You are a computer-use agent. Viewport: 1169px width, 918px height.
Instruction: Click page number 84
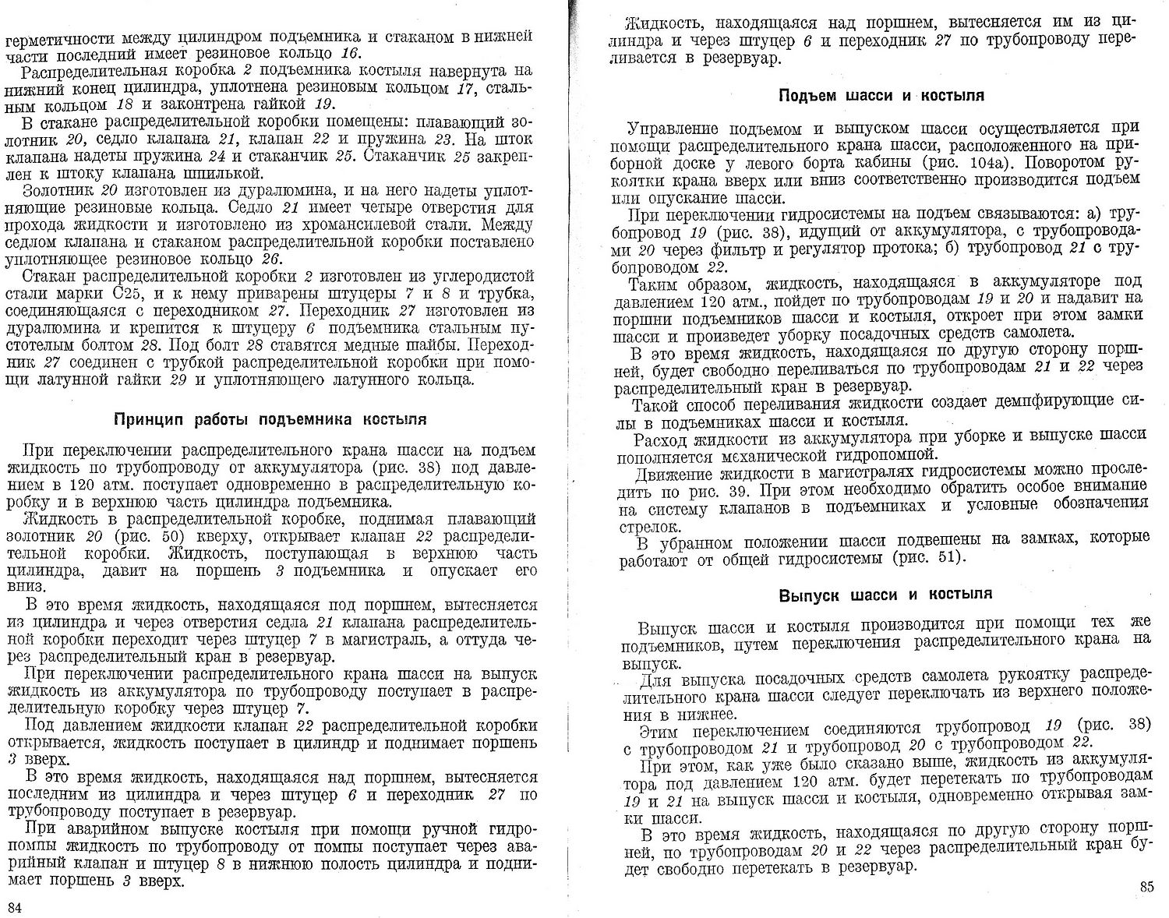pos(15,906)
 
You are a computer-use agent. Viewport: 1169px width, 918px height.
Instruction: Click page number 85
pos(1145,886)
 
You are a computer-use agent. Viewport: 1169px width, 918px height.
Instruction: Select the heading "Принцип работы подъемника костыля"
pos(270,419)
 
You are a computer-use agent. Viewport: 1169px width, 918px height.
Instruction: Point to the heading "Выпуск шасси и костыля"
pos(886,595)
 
